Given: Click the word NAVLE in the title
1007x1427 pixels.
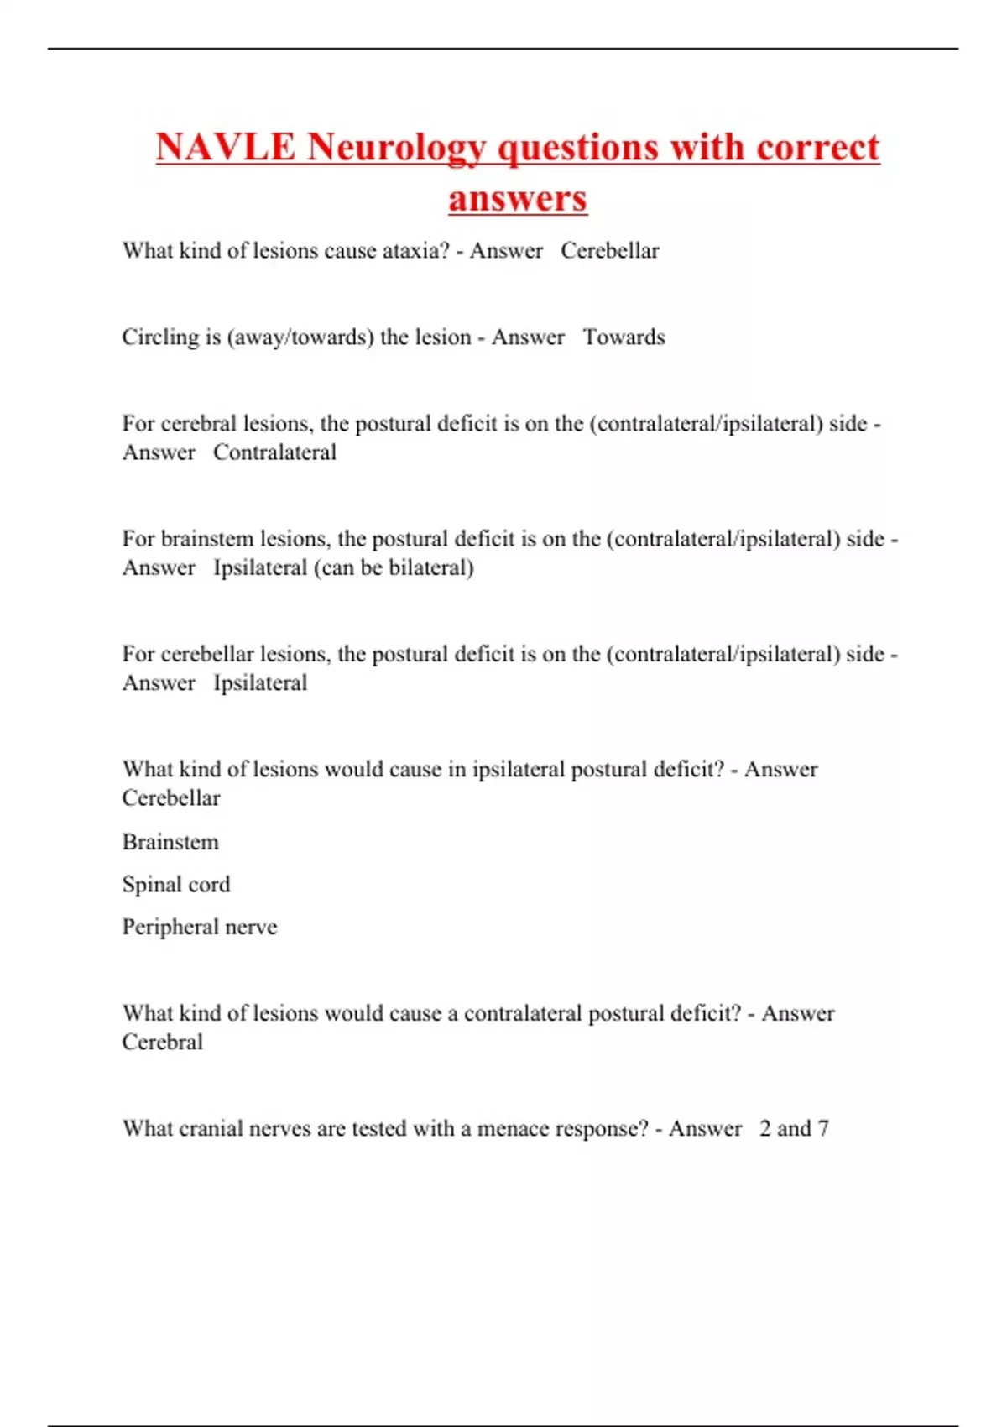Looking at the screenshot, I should (225, 147).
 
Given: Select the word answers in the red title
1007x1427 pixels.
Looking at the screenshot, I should (517, 199).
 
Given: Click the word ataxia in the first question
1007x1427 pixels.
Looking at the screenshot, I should (416, 250).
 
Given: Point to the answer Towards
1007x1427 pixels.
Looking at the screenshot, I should (624, 337).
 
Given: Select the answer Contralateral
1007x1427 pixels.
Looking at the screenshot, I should (274, 452).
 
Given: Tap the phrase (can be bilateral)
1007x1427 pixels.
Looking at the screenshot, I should (394, 567).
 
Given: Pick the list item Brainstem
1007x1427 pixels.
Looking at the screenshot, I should (170, 842).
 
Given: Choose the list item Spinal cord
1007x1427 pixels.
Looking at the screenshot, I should (175, 884).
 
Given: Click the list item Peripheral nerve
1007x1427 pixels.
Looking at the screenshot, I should (199, 927).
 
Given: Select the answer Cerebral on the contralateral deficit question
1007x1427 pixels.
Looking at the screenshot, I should (162, 1042).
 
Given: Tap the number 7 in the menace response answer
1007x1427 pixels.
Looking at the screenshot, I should (823, 1128).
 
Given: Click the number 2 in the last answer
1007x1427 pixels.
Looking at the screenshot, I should (765, 1128).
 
